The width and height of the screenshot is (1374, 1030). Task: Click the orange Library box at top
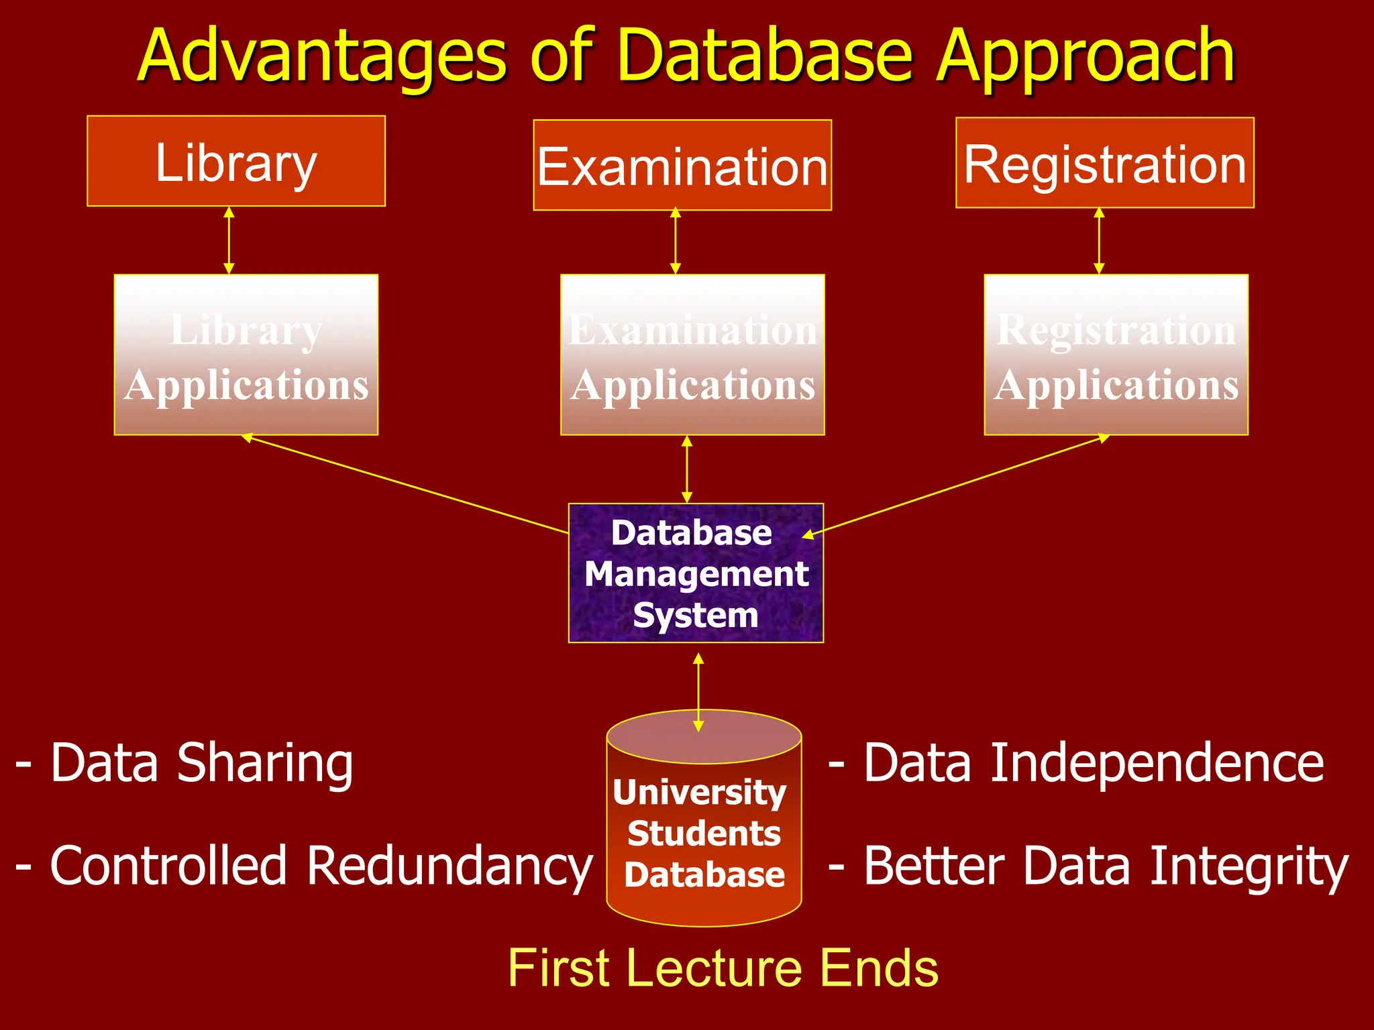pyautogui.click(x=235, y=161)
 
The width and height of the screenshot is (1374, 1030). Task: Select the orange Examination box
pyautogui.click(x=682, y=166)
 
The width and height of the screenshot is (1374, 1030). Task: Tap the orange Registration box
pyautogui.click(x=1104, y=163)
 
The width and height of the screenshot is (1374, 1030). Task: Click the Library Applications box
pyautogui.click(x=246, y=355)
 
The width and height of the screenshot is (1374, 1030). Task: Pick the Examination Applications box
pyautogui.click(x=692, y=355)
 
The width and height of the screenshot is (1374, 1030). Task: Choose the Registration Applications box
pyautogui.click(x=1116, y=355)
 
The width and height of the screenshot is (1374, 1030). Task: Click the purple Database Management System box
pyautogui.click(x=696, y=573)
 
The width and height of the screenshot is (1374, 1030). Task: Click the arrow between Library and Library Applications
pyautogui.click(x=229, y=240)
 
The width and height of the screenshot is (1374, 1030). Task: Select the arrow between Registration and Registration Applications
pyautogui.click(x=1099, y=241)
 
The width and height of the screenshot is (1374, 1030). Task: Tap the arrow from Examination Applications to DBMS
pyautogui.click(x=686, y=469)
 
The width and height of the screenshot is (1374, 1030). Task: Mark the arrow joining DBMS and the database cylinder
pyautogui.click(x=698, y=692)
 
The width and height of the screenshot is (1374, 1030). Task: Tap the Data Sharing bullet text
pyautogui.click(x=184, y=763)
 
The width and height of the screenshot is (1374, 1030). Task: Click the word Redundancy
pyautogui.click(x=450, y=866)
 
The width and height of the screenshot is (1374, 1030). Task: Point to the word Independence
pyautogui.click(x=1157, y=763)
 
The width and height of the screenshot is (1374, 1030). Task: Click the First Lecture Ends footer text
pyautogui.click(x=723, y=968)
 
